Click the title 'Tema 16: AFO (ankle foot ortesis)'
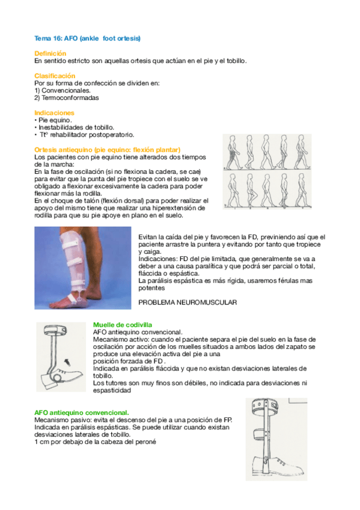[x=87, y=38]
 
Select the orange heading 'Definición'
[x=50, y=54]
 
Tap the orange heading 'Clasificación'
[x=55, y=76]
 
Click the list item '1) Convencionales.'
[x=63, y=90]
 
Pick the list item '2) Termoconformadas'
[x=66, y=97]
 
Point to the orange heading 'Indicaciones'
[x=54, y=112]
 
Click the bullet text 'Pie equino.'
[x=55, y=120]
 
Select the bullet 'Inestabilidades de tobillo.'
[x=75, y=127]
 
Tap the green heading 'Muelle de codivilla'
[x=123, y=324]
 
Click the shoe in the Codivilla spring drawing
[x=69, y=376]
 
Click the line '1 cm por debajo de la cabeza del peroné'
[x=95, y=442]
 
